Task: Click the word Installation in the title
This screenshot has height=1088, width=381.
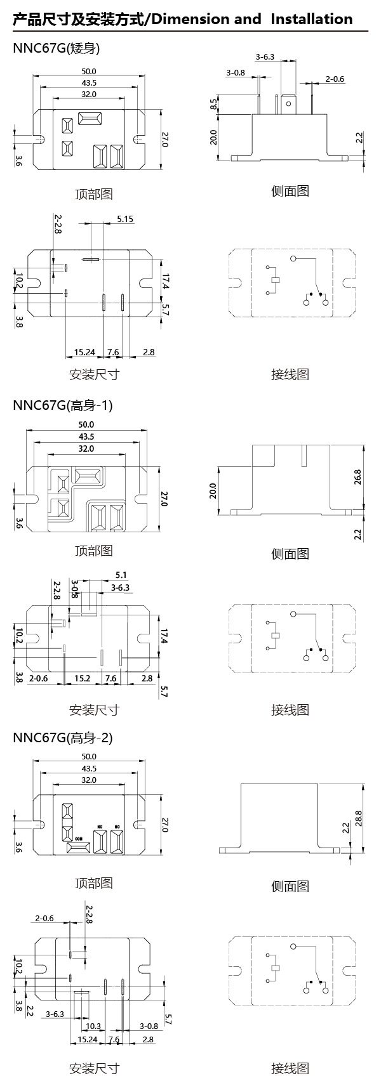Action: pos(311,19)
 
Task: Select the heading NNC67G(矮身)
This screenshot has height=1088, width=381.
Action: pos(56,48)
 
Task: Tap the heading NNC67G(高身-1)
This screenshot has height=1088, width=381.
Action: pos(62,405)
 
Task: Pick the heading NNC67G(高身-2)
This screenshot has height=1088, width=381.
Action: pos(62,737)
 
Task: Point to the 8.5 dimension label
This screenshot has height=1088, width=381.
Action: pos(214,103)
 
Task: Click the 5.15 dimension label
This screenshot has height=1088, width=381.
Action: pos(125,220)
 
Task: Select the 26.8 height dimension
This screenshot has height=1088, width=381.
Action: pos(358,477)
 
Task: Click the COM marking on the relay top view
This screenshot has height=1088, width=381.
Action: pos(79,839)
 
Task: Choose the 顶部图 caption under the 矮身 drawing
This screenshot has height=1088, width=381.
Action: pos(93,194)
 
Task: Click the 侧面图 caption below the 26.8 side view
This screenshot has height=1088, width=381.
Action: pos(290,553)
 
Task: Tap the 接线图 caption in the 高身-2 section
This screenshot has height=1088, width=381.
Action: pos(290,1068)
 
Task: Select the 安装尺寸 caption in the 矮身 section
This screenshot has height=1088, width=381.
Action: pos(94,374)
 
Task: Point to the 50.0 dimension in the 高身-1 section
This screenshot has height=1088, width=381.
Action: pos(86,424)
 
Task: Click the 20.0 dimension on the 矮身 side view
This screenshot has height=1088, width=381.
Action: pos(214,136)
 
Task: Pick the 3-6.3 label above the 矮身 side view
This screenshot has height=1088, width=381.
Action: pos(265,57)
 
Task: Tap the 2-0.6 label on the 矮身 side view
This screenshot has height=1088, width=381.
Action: pos(335,79)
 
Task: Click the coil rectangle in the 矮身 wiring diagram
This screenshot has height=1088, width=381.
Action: pos(276,280)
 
